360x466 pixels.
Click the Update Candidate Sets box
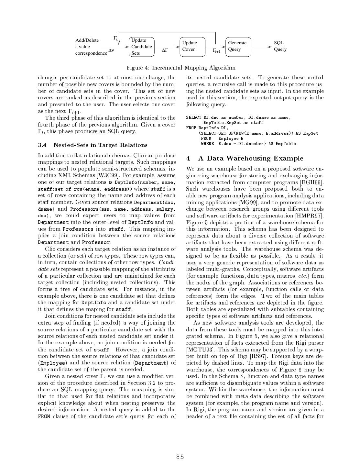click(141, 47)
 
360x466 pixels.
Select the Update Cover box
click(192, 47)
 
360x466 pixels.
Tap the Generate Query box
click(238, 47)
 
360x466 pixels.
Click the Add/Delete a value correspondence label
click(91, 47)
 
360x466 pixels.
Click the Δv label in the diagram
click(111, 50)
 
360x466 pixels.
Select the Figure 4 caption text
click(181, 68)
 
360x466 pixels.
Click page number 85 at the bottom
click(180, 457)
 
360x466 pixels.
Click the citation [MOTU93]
click(200, 349)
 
